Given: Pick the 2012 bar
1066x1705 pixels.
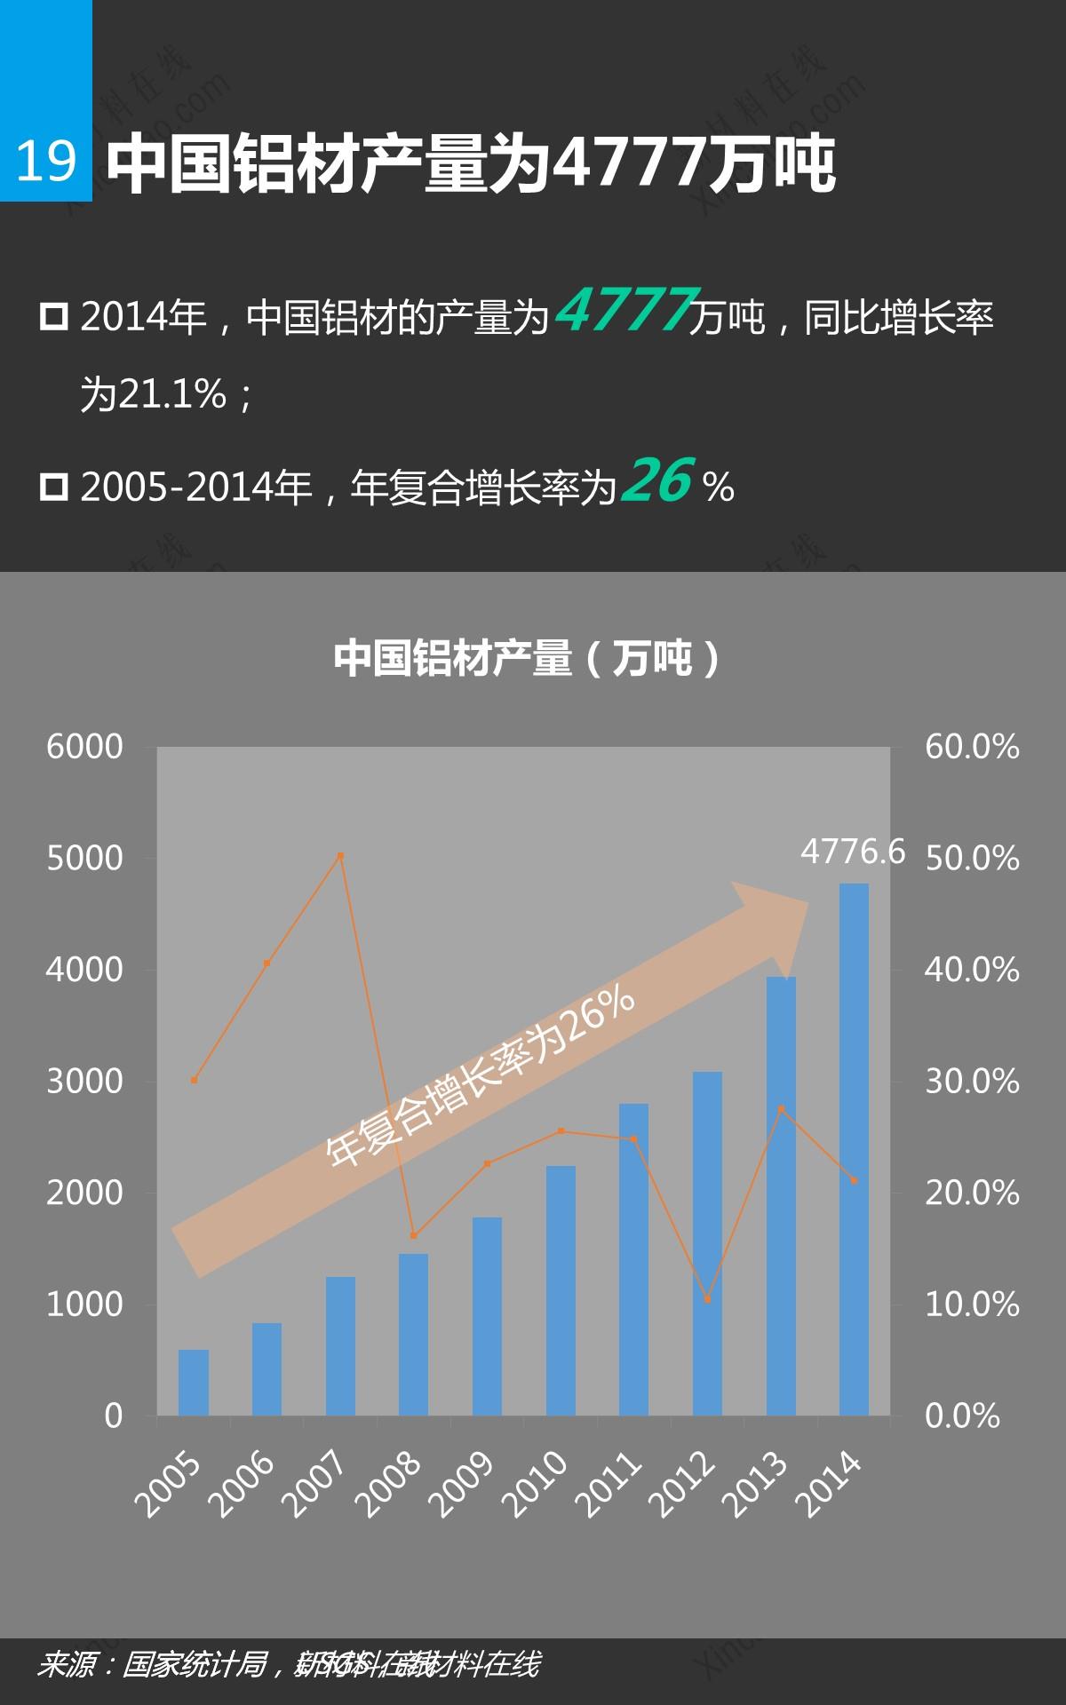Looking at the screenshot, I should (x=707, y=1242).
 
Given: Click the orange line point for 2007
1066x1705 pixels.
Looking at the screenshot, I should (x=340, y=856).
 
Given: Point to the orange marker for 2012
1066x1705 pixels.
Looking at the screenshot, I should (x=707, y=1299).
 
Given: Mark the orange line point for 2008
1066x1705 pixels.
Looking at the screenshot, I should (x=413, y=1235).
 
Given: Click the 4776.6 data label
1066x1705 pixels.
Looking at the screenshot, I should (x=852, y=852).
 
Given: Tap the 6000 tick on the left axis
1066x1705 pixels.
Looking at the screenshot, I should (x=85, y=747).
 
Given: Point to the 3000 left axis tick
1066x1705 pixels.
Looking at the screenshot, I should (x=85, y=1081).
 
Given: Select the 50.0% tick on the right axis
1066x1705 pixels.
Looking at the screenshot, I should (x=971, y=859).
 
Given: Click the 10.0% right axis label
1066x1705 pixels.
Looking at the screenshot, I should (x=971, y=1305).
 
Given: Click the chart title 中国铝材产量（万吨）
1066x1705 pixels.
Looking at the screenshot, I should (x=528, y=658).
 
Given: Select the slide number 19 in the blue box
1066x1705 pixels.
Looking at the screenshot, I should (x=46, y=162).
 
